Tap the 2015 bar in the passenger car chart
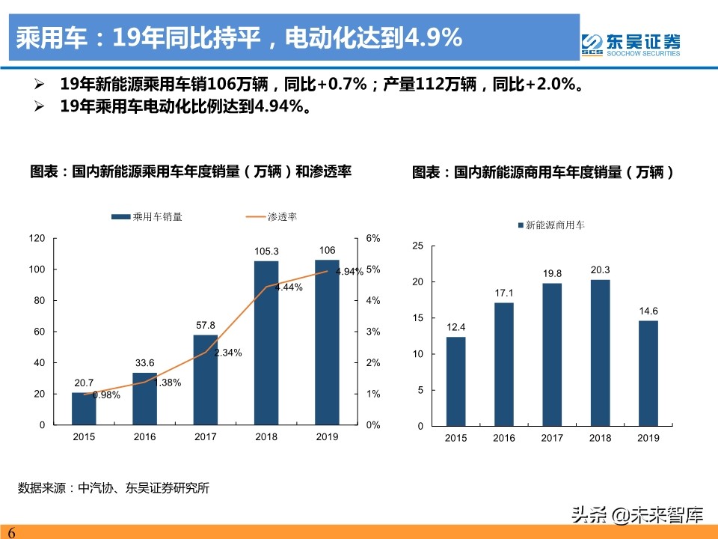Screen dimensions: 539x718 (x=84, y=408)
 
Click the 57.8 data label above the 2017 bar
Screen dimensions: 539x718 (x=205, y=326)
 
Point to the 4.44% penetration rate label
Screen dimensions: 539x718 (x=289, y=287)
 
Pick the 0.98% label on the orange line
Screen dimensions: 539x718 (x=106, y=395)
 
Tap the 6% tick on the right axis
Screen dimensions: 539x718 (x=372, y=238)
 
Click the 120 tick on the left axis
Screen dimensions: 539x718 (x=58, y=238)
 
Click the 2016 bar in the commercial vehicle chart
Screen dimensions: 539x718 (x=504, y=364)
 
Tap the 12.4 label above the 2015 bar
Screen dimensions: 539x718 (x=456, y=327)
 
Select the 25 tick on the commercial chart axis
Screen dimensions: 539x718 (x=418, y=246)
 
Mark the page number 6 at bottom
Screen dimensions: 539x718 (x=11, y=532)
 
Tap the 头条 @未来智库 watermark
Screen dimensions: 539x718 (x=636, y=515)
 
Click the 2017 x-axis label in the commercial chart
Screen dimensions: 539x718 (x=552, y=438)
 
